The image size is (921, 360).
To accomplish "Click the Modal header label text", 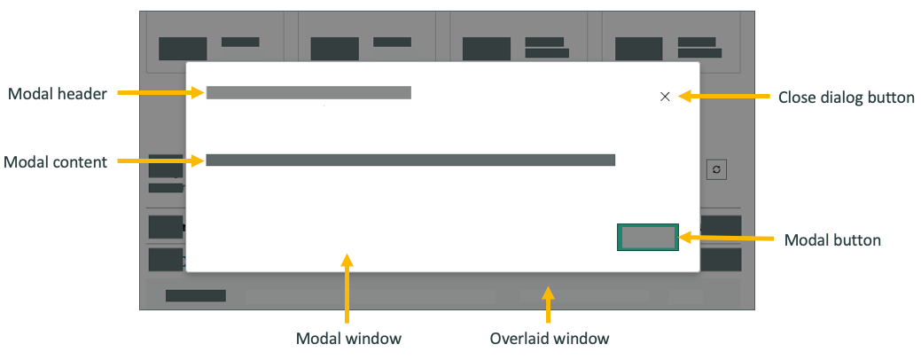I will [58, 94].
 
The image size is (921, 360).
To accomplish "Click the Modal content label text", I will [56, 162].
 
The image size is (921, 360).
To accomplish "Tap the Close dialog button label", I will [846, 98].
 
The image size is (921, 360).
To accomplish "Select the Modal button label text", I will [832, 240].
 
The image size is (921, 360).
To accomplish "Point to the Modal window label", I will [348, 339].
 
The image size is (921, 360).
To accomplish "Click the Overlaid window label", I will [550, 339].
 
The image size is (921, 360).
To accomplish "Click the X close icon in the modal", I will [665, 97].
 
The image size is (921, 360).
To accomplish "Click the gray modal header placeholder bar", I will [308, 92].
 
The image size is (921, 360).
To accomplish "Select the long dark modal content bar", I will [410, 160].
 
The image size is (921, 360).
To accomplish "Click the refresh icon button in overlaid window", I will [716, 169].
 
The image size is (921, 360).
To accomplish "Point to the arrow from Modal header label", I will [160, 92].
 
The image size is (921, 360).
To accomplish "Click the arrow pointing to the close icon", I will [722, 96].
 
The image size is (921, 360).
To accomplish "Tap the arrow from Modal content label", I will [160, 160].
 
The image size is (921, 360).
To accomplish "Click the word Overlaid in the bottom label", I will [519, 339].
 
